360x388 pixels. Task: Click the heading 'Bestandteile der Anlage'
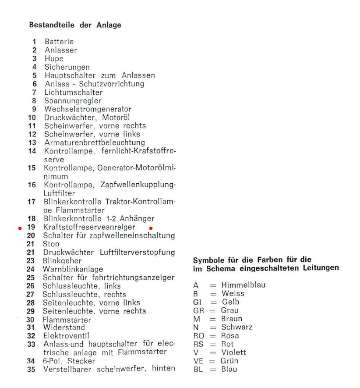coord(75,25)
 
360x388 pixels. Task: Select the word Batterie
coord(59,42)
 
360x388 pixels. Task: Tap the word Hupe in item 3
coord(54,58)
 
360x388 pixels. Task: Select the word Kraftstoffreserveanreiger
coord(89,228)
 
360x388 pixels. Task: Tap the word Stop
coord(51,245)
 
